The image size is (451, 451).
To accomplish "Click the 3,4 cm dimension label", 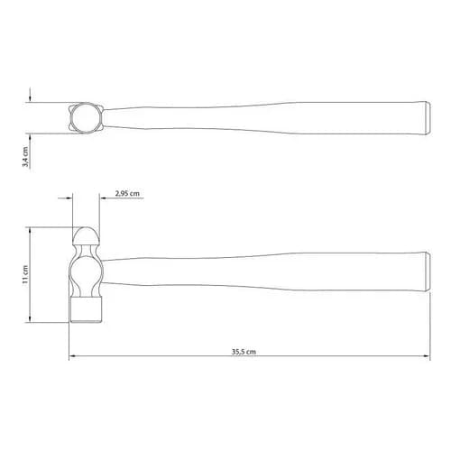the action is pos(26,157).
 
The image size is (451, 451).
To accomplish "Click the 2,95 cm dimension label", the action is pos(127,193).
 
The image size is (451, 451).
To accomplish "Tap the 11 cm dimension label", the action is pos(25,274).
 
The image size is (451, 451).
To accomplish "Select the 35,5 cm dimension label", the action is pos(244,352).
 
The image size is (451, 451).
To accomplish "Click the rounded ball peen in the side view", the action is pos(86,235).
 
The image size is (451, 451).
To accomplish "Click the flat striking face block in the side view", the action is pos(86,309).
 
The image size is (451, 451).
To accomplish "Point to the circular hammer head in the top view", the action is pos(86,117).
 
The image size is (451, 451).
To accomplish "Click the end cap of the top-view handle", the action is pos(427,118).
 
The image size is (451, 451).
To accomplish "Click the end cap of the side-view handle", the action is pos(427,272).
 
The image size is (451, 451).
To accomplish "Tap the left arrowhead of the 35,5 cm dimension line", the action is pos(72,356).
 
